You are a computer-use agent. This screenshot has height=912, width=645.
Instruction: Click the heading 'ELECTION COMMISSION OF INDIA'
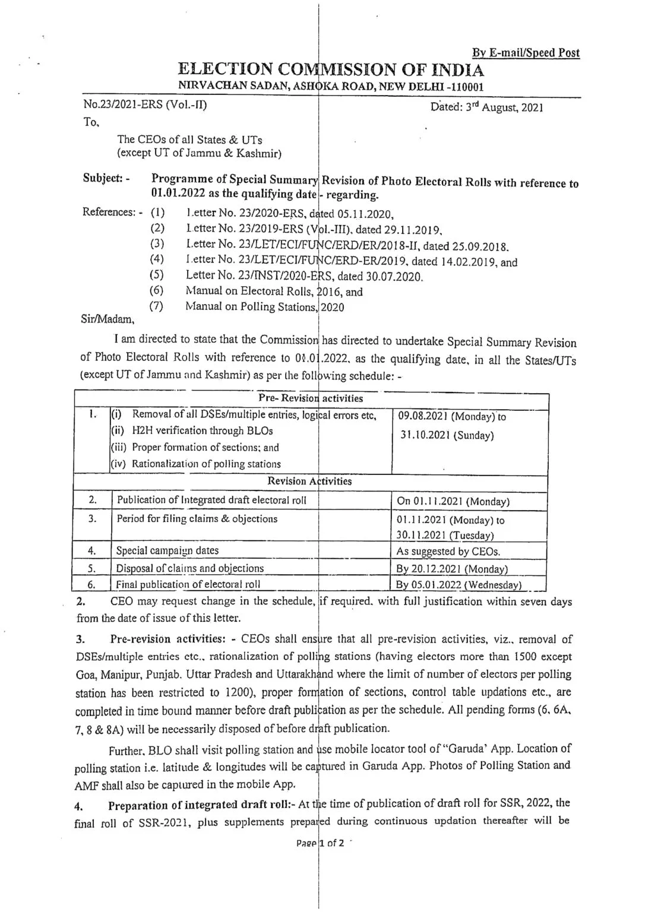coord(331,70)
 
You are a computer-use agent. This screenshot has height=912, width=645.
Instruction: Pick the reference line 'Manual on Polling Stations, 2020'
coord(264,307)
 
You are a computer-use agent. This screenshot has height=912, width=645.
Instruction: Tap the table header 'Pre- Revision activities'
coord(310,398)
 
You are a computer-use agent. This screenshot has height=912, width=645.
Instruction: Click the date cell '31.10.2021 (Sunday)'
coord(446,435)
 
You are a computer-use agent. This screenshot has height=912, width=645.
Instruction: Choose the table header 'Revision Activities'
coord(309,481)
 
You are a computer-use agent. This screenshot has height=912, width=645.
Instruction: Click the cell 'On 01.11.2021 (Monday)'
coord(453,501)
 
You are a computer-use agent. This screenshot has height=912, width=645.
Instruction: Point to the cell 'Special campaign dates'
coord(167,550)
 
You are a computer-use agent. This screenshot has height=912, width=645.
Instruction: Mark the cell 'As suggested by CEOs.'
coord(448,551)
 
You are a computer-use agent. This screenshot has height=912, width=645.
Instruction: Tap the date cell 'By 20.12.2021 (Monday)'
coord(451,569)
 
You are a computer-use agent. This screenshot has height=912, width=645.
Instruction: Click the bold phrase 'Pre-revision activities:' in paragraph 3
coord(165,639)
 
